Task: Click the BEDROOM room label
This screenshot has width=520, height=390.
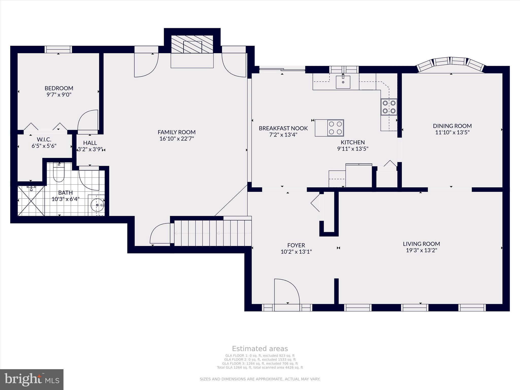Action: point(59,88)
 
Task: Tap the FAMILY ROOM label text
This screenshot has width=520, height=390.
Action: point(177,132)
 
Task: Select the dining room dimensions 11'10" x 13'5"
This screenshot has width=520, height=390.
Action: point(452,132)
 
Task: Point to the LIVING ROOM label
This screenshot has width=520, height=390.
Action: point(421,244)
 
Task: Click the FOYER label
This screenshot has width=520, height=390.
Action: point(296,245)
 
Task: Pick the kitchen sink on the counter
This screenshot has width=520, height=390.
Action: point(343,82)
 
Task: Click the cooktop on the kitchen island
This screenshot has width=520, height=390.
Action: point(335,128)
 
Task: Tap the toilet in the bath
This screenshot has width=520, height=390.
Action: point(59,172)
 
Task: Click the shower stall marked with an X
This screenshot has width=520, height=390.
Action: point(31,201)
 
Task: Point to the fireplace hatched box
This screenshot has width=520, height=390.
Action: point(192,44)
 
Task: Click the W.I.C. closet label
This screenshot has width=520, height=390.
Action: point(44,139)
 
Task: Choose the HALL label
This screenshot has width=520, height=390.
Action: point(90,143)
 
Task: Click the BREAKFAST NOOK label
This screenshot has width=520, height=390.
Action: point(283,128)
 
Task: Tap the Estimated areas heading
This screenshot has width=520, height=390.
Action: point(260,349)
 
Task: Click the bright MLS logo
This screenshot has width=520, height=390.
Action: point(32,380)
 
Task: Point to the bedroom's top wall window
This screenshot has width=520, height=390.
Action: point(58,49)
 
